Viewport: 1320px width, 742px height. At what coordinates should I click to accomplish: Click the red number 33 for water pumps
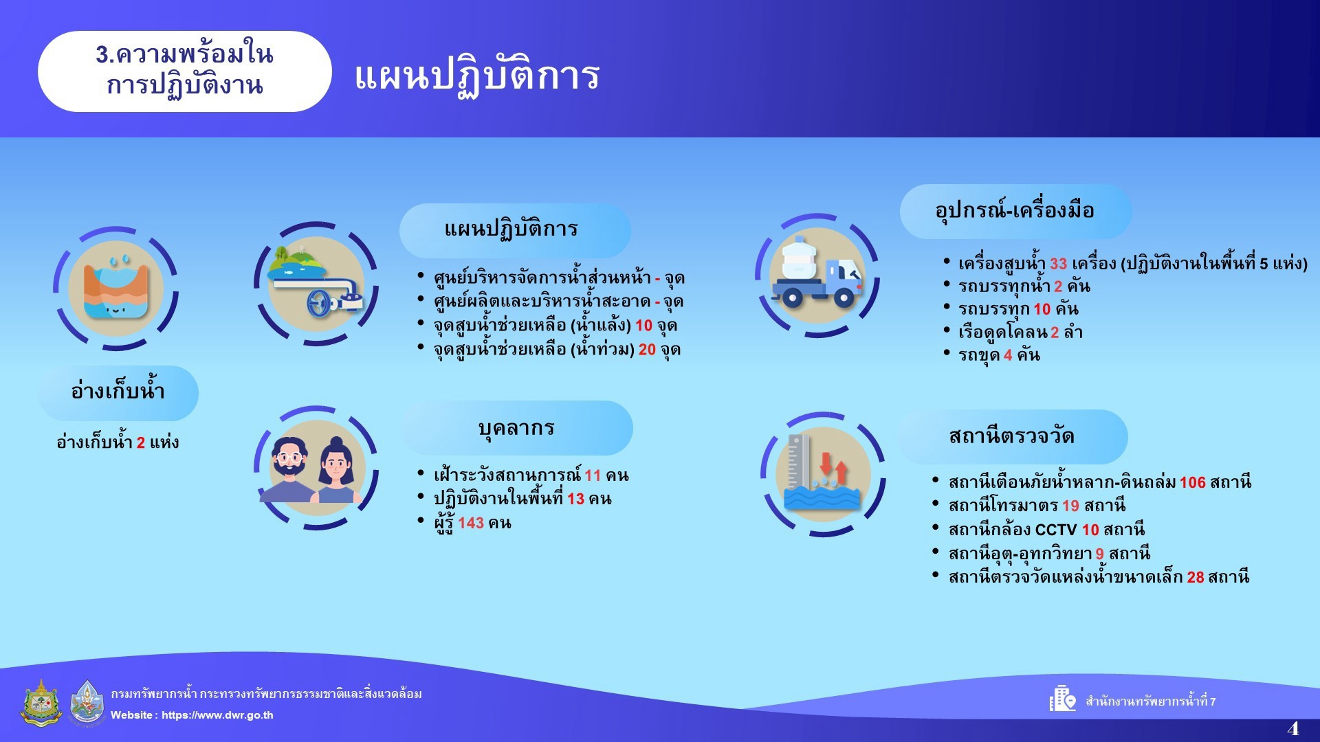pos(1058,264)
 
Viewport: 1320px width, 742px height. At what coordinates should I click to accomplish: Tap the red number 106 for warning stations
pos(1193,482)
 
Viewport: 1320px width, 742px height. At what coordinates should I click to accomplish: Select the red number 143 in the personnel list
pos(471,523)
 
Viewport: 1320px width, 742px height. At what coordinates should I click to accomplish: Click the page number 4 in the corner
pos(1293,728)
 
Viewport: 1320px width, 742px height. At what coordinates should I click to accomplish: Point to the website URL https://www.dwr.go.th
pos(217,715)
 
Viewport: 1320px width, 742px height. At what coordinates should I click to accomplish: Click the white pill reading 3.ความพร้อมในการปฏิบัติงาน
pos(184,71)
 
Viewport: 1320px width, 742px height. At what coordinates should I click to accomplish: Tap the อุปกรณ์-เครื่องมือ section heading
pos(1015,210)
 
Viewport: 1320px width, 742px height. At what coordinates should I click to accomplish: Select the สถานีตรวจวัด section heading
pos(1012,436)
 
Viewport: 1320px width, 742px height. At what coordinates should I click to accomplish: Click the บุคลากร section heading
pos(516,428)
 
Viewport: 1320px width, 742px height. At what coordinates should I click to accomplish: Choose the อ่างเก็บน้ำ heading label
pos(118,392)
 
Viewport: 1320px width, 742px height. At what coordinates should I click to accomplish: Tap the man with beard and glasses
pos(289,470)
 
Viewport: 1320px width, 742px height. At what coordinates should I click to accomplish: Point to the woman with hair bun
pos(336,470)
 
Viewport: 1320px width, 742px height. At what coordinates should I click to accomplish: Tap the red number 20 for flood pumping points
pos(647,350)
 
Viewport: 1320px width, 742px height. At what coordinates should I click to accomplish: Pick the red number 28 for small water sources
pos(1196,577)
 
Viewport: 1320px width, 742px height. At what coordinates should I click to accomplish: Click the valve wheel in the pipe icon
pos(319,303)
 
